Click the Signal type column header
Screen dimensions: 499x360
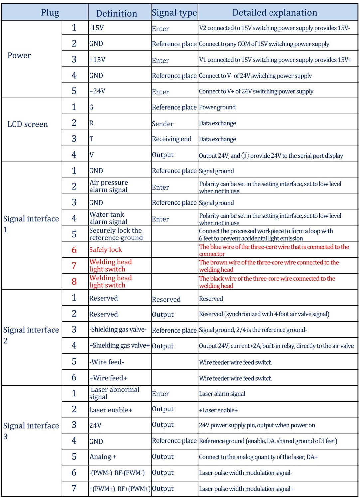[x=174, y=13]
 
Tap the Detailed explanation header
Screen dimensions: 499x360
[x=274, y=13]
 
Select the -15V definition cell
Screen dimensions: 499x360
[x=97, y=28]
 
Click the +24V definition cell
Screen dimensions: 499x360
[x=97, y=91]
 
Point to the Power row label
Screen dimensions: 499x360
[x=19, y=56]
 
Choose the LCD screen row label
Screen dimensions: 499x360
[x=28, y=124]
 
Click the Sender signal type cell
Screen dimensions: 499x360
[x=163, y=124]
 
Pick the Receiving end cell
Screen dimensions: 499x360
[x=172, y=139]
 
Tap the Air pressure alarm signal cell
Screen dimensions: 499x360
[x=109, y=186]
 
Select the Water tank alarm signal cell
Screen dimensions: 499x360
[x=108, y=218]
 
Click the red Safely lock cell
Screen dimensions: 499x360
[x=105, y=250]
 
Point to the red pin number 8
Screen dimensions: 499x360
[x=74, y=282]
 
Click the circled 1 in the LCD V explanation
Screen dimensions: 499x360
[x=245, y=156]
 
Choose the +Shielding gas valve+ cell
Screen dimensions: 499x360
[x=119, y=346]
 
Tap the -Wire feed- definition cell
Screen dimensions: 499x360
[x=106, y=362]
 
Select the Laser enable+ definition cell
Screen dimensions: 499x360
[x=111, y=410]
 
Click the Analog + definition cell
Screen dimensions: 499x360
[x=103, y=457]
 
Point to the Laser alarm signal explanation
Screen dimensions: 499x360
[x=222, y=394]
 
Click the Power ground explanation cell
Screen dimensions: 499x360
[x=217, y=107]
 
